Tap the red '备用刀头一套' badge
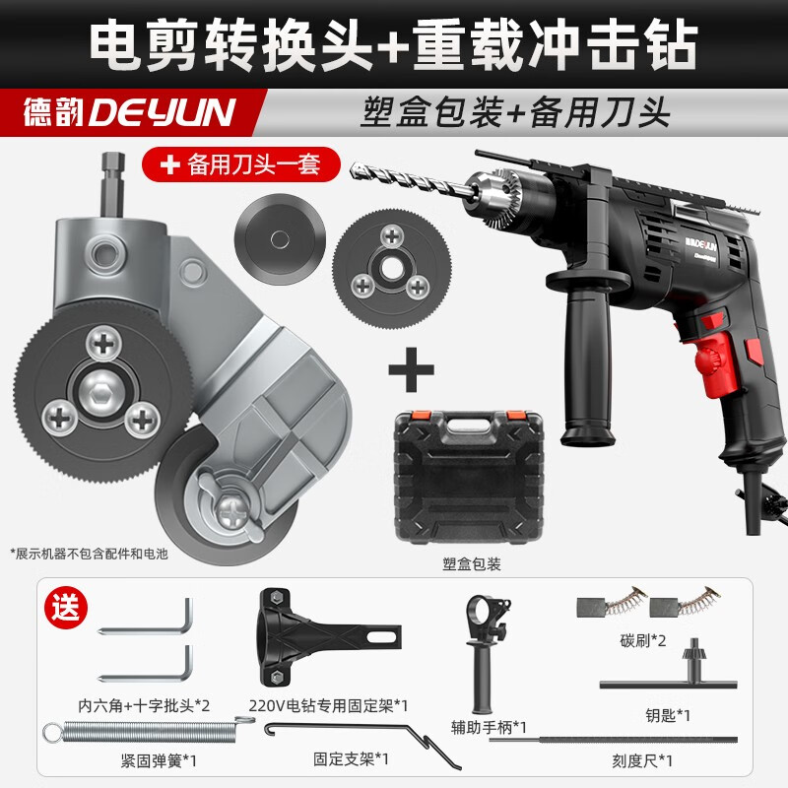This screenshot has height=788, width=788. [240, 164]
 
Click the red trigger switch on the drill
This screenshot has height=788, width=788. [709, 361]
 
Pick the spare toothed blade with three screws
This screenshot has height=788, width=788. [391, 269]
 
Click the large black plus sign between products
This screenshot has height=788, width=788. [411, 369]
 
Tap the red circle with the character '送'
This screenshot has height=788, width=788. [66, 609]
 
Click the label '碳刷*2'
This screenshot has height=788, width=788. [643, 641]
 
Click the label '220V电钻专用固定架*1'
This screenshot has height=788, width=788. [328, 706]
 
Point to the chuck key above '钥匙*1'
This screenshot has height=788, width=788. [669, 669]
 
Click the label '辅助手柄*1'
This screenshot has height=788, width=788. [489, 727]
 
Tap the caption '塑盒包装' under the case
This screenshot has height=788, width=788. [472, 564]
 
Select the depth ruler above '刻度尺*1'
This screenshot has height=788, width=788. [613, 740]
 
